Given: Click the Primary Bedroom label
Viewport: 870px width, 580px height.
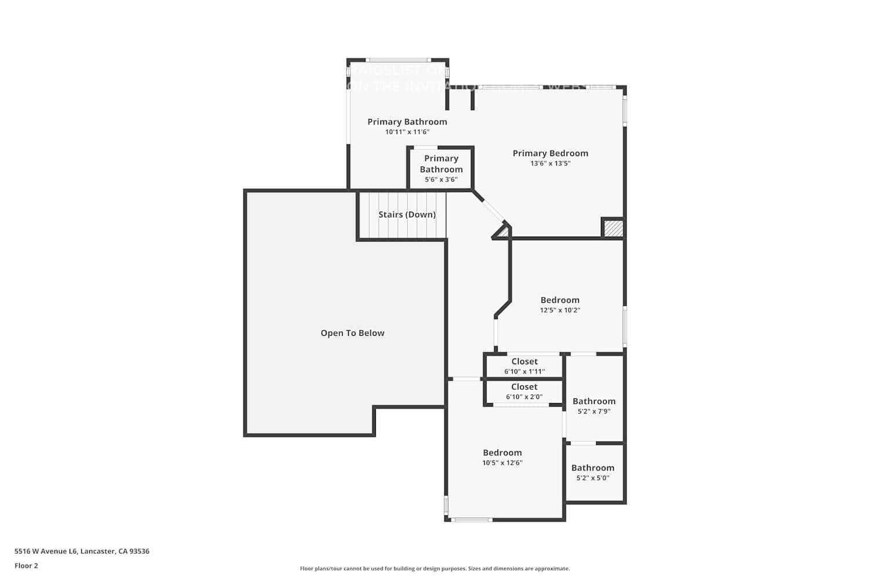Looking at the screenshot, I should tap(550, 153).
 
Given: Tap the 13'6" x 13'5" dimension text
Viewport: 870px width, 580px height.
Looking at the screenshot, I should tap(550, 164).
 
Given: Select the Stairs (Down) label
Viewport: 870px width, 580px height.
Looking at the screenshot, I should tap(407, 215).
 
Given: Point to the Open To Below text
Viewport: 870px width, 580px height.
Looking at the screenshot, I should tap(352, 333).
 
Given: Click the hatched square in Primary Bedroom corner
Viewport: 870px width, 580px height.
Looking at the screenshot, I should tap(613, 228).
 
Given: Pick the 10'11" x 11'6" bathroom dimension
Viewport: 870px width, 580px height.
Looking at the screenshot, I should tap(407, 132).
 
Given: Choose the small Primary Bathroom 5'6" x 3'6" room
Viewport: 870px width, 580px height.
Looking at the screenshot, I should tap(441, 168).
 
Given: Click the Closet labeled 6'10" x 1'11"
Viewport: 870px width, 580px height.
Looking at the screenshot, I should tap(524, 366).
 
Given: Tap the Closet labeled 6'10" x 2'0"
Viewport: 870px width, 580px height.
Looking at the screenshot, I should tap(524, 391).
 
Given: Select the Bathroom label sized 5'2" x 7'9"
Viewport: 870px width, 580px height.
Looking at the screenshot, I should tap(594, 401).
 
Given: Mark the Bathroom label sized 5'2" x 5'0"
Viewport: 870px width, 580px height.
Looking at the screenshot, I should tap(592, 468).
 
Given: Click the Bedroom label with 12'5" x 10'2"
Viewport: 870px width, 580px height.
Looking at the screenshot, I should tap(560, 300).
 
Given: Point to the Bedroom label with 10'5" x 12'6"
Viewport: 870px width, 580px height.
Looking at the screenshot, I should tap(502, 452).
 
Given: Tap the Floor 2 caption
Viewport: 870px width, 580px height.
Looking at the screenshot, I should tap(26, 566).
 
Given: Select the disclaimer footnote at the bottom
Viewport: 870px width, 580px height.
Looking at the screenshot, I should tap(434, 569).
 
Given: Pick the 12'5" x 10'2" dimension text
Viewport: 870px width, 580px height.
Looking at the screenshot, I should tap(560, 310).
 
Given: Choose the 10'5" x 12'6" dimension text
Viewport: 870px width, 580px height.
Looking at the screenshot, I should tap(502, 463).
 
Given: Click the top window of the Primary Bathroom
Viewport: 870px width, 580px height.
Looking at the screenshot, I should tap(398, 60).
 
